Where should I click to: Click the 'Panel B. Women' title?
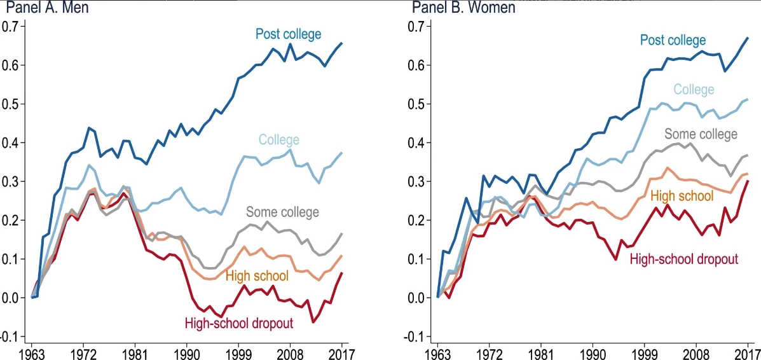(463, 8)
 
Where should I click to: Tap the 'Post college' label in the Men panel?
(288, 34)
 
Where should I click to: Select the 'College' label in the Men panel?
(278, 139)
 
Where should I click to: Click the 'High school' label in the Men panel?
(257, 275)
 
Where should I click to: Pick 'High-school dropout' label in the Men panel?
(238, 323)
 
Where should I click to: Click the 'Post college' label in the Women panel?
(672, 40)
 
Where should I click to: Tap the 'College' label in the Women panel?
(694, 90)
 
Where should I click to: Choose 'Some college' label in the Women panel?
(701, 134)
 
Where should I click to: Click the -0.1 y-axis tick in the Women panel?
(416, 336)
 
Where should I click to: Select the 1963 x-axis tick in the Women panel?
(437, 352)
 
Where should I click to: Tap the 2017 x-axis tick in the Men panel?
(341, 352)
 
